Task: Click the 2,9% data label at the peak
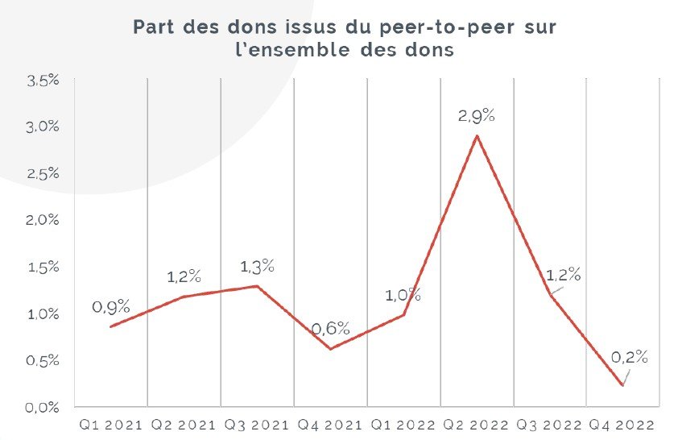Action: point(476,116)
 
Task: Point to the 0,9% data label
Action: point(110,307)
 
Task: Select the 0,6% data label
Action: point(330,328)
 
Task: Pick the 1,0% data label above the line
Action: point(403,295)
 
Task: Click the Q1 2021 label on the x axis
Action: point(110,424)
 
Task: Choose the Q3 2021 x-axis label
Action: point(257,424)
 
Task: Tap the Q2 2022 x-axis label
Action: point(476,424)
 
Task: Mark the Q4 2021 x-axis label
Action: point(330,424)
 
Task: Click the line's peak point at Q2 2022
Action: point(477,135)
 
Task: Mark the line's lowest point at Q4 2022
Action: point(622,385)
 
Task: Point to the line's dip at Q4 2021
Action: point(330,349)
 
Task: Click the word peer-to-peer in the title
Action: point(433,27)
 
